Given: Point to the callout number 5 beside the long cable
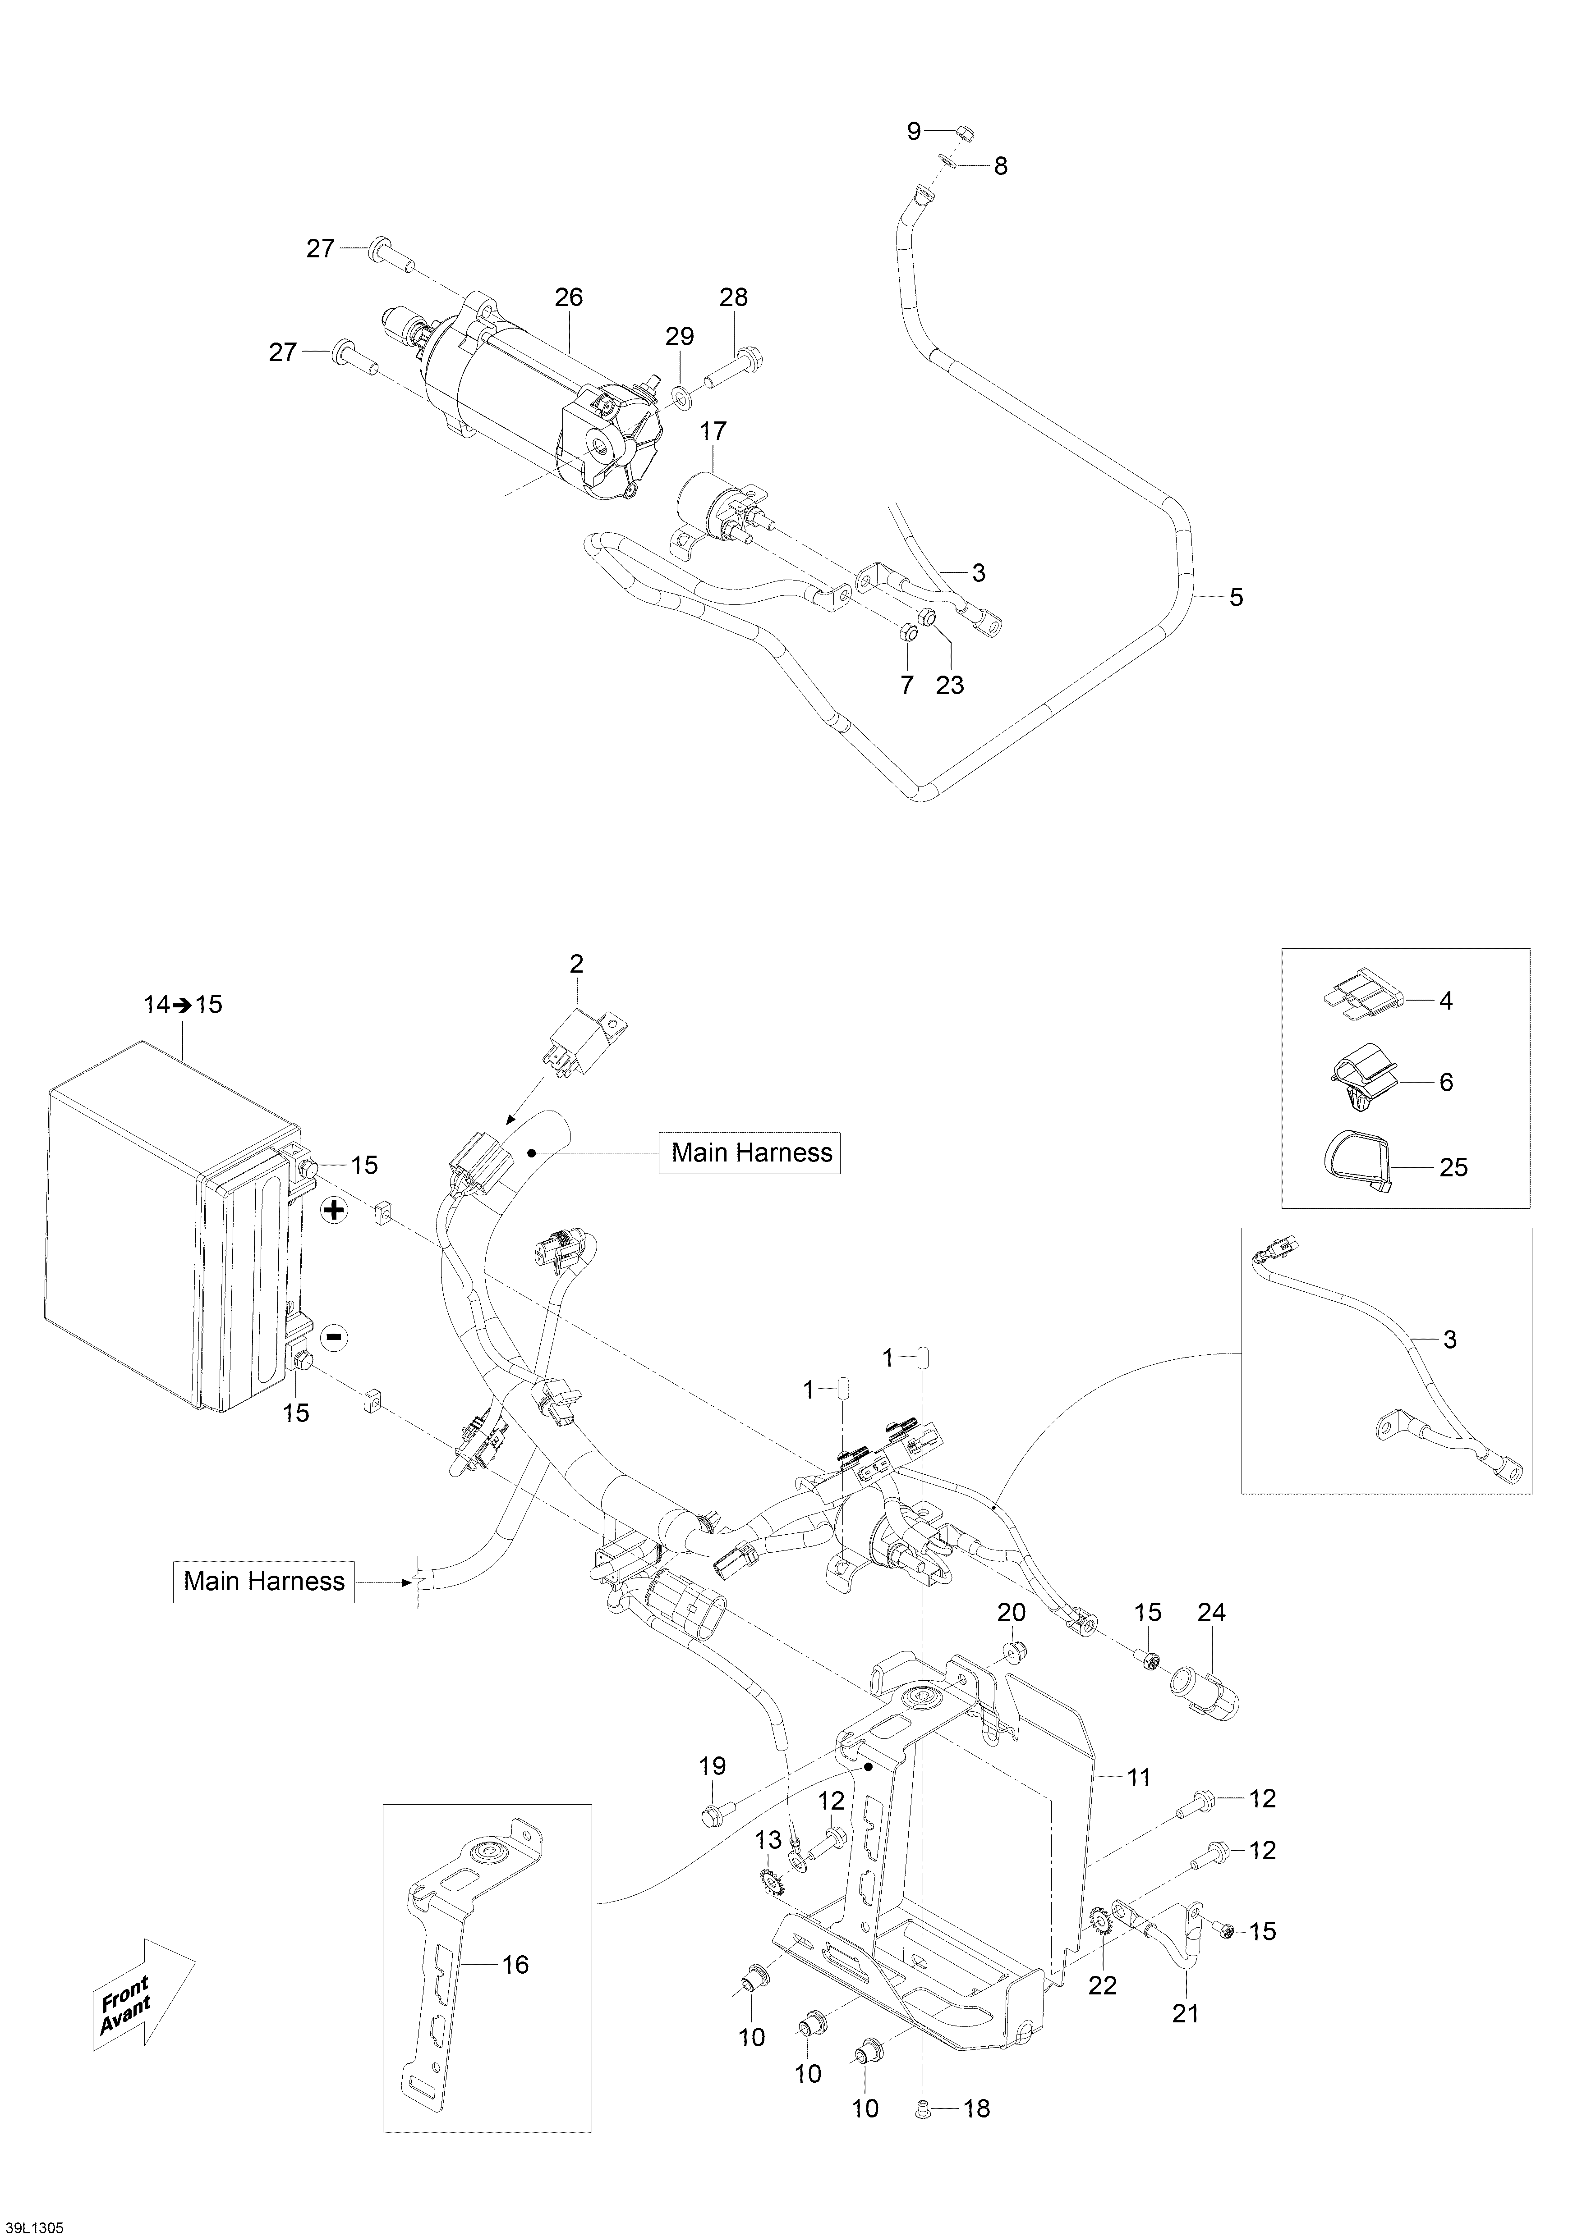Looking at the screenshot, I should (1236, 597).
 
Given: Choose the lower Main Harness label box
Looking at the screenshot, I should (264, 1581).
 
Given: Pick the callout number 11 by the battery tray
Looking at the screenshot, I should (1139, 1777).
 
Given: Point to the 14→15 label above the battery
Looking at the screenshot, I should (183, 1004).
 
